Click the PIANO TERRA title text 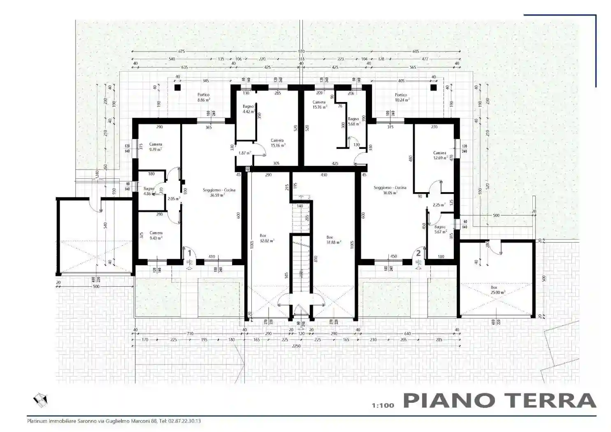(499, 400)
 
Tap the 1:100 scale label (383, 405)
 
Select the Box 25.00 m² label (497, 290)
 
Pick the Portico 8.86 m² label (203, 97)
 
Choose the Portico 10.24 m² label (401, 97)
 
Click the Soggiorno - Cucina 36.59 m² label (219, 193)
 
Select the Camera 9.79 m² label (156, 147)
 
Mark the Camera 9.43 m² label (156, 235)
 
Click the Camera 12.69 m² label (440, 155)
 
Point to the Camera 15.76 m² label (319, 105)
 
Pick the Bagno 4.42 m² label (248, 109)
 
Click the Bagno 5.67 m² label (440, 229)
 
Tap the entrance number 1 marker (190, 253)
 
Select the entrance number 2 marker (418, 253)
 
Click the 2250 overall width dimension (296, 346)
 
